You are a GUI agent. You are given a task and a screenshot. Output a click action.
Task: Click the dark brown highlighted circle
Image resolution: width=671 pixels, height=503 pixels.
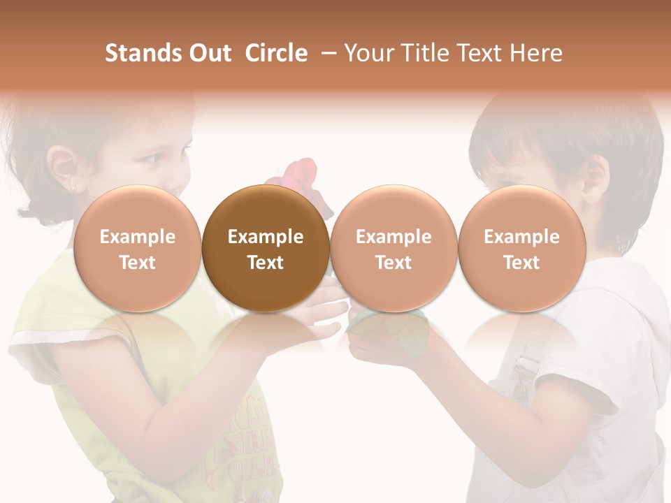click(265, 248)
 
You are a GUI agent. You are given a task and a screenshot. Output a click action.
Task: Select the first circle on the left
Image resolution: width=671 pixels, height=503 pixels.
click(137, 248)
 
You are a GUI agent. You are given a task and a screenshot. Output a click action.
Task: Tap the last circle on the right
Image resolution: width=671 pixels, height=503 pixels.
click(521, 248)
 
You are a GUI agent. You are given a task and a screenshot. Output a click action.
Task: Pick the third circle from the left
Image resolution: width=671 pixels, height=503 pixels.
click(394, 248)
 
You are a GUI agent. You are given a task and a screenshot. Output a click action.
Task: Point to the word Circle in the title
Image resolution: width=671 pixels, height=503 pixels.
click(276, 53)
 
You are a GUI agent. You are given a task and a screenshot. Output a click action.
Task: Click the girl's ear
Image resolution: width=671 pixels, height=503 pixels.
click(67, 168)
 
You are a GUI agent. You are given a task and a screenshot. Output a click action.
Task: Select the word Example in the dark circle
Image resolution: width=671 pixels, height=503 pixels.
click(265, 237)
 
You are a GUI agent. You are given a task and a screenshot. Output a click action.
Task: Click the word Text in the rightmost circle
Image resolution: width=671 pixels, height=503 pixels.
click(521, 263)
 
